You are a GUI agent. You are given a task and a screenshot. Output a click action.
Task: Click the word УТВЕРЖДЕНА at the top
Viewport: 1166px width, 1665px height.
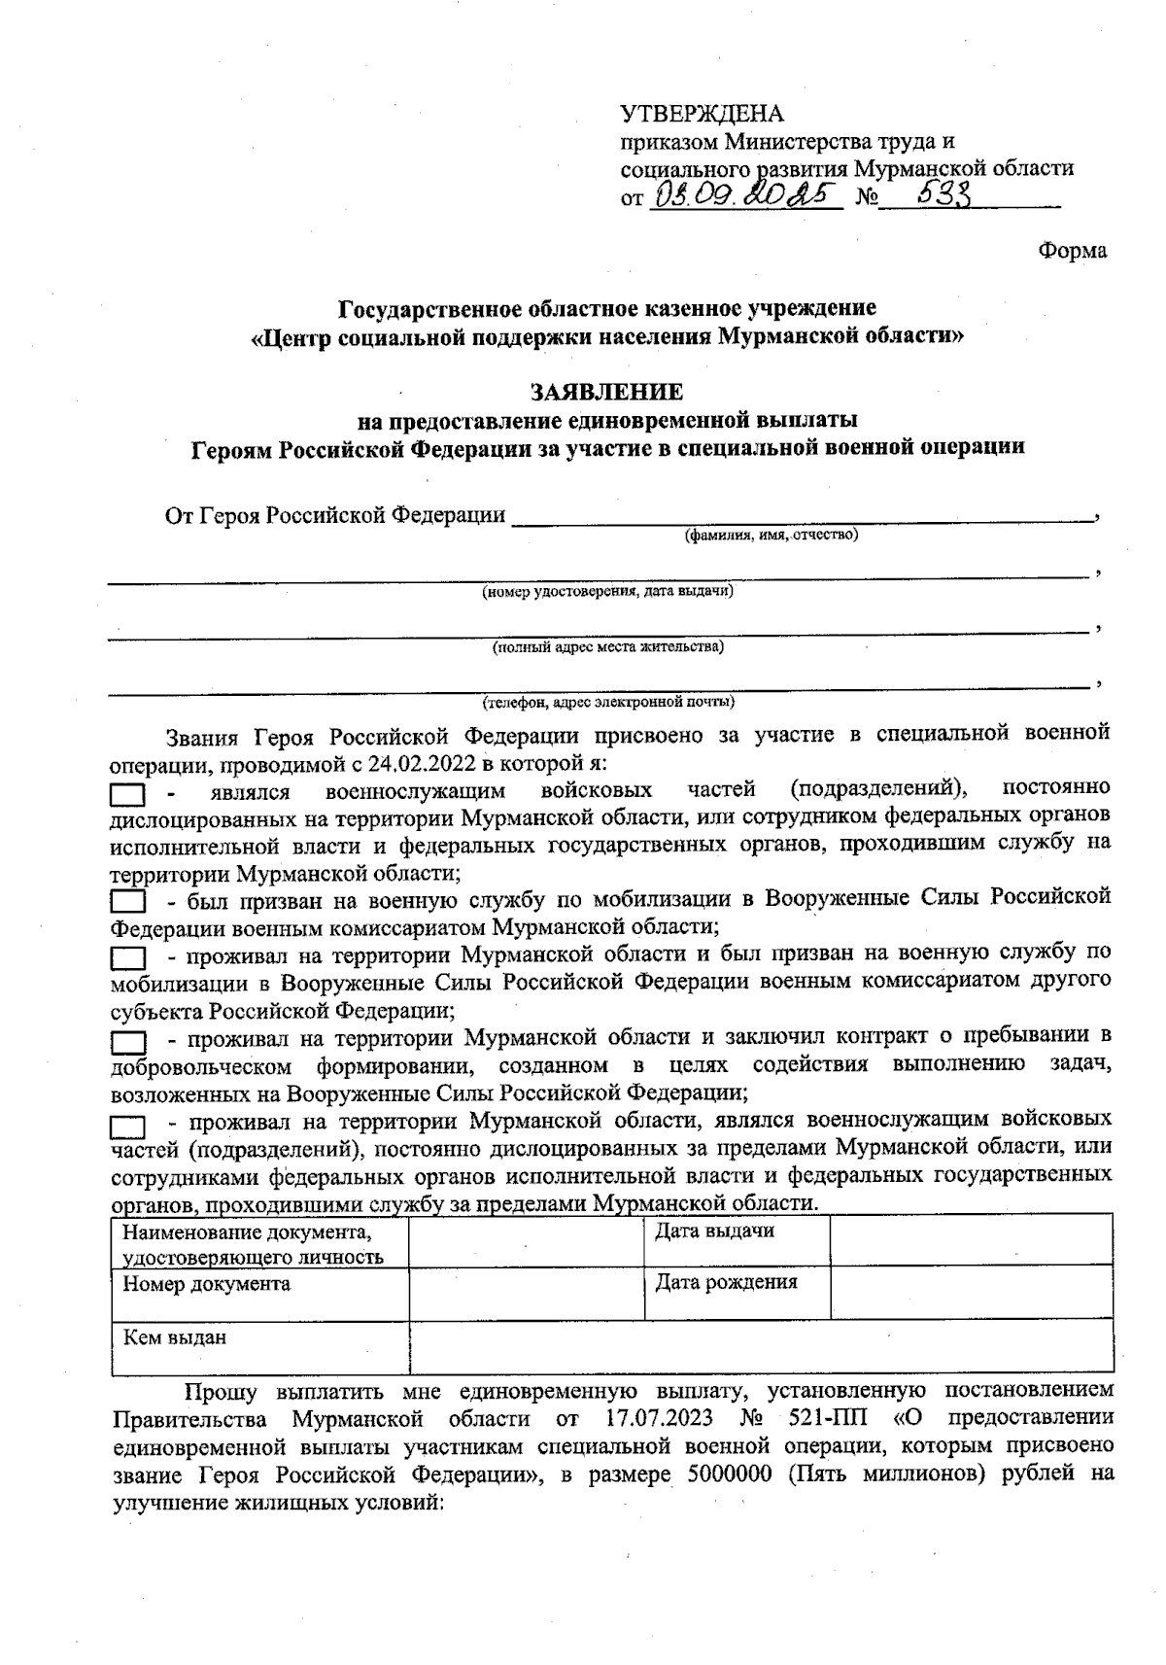pyautogui.click(x=702, y=115)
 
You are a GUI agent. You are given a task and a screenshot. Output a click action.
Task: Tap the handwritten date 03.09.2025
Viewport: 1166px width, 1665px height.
pyautogui.click(x=745, y=197)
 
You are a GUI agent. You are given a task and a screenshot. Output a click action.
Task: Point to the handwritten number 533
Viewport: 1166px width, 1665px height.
pyautogui.click(x=933, y=195)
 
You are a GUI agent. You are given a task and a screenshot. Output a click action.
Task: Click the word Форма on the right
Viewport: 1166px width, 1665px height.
pyautogui.click(x=1072, y=251)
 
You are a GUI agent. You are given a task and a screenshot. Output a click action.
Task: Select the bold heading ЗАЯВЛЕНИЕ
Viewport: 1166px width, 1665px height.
pyautogui.click(x=606, y=392)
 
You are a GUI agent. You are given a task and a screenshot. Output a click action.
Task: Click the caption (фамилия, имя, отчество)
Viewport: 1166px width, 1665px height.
pyautogui.click(x=772, y=535)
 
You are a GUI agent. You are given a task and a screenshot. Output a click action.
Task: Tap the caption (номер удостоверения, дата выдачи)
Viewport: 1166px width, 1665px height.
pyautogui.click(x=608, y=590)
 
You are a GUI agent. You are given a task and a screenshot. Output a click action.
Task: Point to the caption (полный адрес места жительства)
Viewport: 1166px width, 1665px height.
pyautogui.click(x=608, y=646)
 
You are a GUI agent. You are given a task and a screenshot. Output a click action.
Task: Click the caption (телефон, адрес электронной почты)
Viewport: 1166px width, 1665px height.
pyautogui.click(x=608, y=701)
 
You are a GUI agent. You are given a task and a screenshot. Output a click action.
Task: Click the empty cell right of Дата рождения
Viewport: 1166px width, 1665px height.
pyautogui.click(x=971, y=1292)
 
